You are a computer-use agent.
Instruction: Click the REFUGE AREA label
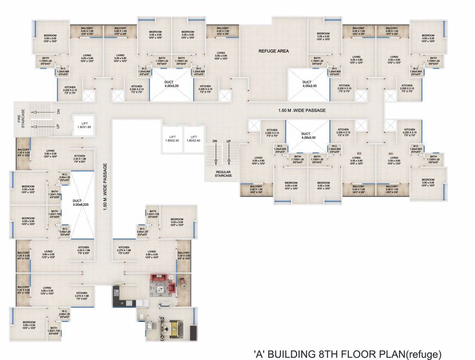tap(274, 51)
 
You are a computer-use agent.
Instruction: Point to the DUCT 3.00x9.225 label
tap(81, 202)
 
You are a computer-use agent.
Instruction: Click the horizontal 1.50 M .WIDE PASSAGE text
tap(302, 110)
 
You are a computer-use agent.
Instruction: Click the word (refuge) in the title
tap(424, 353)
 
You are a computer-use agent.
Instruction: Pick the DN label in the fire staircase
tap(58, 112)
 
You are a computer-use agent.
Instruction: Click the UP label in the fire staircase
tap(58, 127)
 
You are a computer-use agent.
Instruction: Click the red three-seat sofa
tap(159, 278)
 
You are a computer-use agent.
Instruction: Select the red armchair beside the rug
tap(171, 287)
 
